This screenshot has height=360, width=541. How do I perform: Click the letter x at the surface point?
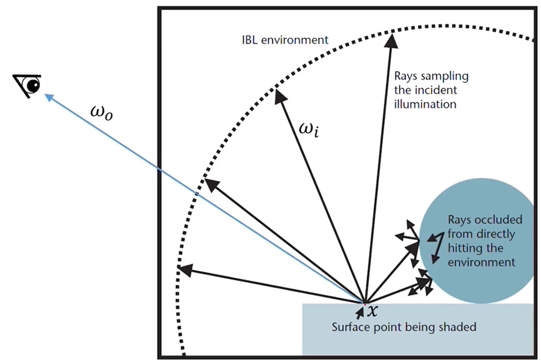click(372, 311)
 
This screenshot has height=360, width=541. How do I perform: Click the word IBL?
click(250, 40)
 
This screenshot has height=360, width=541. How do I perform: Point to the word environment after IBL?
click(294, 40)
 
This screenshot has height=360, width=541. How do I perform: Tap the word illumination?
click(425, 104)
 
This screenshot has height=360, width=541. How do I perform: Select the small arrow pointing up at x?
click(359, 314)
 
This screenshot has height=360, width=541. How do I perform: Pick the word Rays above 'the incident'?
click(406, 76)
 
